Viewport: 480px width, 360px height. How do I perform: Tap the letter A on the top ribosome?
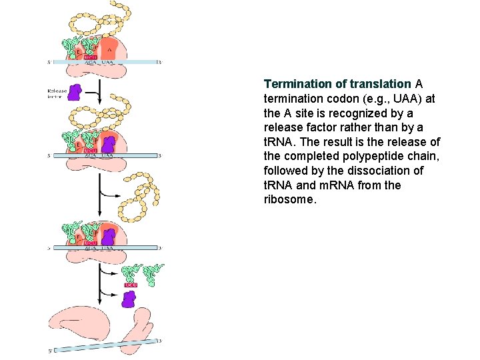coord(109,49)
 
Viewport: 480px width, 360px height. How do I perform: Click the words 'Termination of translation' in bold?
coord(337,84)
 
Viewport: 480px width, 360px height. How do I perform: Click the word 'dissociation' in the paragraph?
coord(377,171)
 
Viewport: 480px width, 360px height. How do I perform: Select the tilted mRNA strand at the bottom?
coord(107,345)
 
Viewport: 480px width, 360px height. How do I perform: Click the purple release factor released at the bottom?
coord(129,299)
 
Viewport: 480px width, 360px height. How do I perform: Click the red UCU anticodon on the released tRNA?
coord(131,285)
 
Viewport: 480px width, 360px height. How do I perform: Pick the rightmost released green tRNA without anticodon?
coord(155,273)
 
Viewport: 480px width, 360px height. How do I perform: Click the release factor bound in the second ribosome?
coord(107,145)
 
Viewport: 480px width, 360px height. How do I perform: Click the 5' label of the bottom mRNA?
coord(51,350)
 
